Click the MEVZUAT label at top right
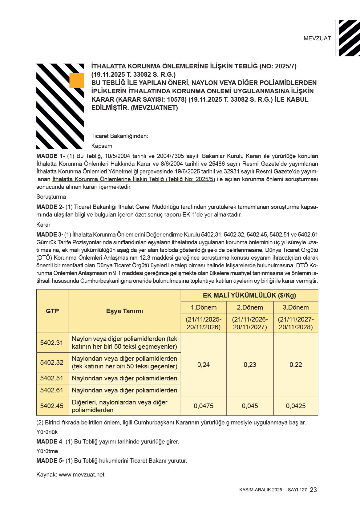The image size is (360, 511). pyautogui.click(x=317, y=39)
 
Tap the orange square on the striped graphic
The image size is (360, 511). pyautogui.click(x=77, y=80)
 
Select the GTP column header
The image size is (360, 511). pyautogui.click(x=52, y=311)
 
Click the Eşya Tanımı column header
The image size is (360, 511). pyautogui.click(x=124, y=311)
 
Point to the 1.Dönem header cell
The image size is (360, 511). pyautogui.click(x=204, y=307)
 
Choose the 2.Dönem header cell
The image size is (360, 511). pyautogui.click(x=250, y=307)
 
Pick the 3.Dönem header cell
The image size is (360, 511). pyautogui.click(x=296, y=307)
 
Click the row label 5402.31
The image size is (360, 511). pyautogui.click(x=52, y=343)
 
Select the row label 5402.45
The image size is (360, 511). pyautogui.click(x=52, y=406)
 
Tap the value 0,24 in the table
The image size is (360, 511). pyautogui.click(x=204, y=365)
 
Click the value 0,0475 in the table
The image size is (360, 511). pyautogui.click(x=204, y=406)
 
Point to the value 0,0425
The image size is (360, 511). pyautogui.click(x=296, y=406)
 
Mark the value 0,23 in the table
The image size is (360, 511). pyautogui.click(x=250, y=365)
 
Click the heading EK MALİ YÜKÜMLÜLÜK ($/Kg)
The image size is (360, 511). pyautogui.click(x=249, y=295)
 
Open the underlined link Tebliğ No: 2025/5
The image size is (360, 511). pyautogui.click(x=134, y=179)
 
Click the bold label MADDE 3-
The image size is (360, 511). pyautogui.click(x=50, y=235)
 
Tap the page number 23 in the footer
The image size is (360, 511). pyautogui.click(x=313, y=490)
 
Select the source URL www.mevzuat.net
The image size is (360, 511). pyautogui.click(x=82, y=475)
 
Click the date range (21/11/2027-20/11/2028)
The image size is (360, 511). pyautogui.click(x=296, y=323)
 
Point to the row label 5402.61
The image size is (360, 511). pyautogui.click(x=52, y=390)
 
